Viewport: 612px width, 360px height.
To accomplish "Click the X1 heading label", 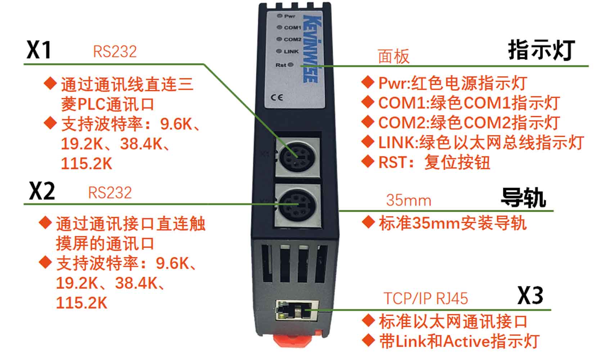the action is coord(39,50).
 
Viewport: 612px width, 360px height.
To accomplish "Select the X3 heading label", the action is coord(530,296).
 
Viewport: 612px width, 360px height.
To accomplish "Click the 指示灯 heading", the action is coord(541,50).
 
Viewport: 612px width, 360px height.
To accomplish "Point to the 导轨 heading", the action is coord(523,198).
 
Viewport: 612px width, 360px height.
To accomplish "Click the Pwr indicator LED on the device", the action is coord(279,16).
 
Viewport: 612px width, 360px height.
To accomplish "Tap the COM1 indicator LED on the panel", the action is coord(279,27).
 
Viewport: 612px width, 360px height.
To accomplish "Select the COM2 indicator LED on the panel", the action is coord(279,39).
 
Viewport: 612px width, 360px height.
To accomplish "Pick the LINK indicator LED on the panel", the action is coord(279,51).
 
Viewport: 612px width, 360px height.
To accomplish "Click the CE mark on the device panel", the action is coord(276,98).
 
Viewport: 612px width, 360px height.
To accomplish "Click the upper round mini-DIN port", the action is coord(297,157).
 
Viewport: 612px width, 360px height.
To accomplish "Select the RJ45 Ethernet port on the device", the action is coord(297,310).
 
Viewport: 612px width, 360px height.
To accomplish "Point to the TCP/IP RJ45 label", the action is coord(426,298).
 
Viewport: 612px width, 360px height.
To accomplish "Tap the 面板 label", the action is coord(394,56).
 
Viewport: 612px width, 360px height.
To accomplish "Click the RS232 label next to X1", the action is coord(115,51).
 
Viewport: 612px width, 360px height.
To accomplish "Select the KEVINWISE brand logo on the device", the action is coord(312,49).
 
